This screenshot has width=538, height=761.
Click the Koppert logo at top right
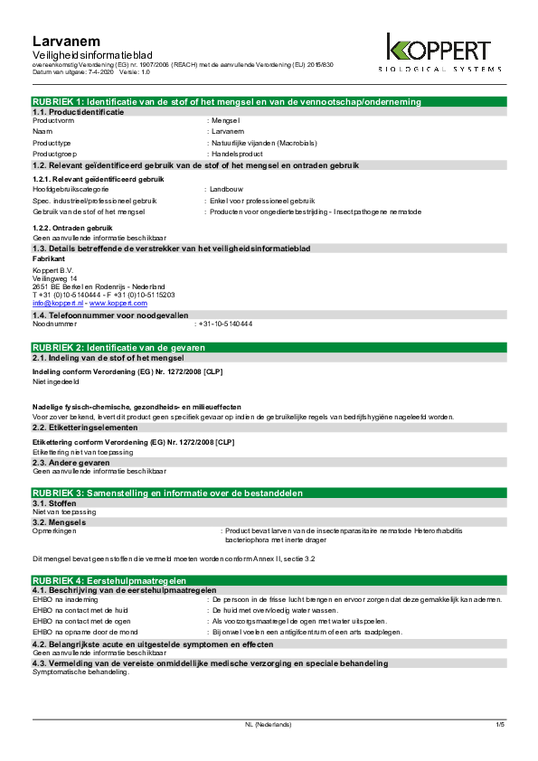click(439, 53)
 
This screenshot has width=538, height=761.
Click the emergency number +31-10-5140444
click(225, 324)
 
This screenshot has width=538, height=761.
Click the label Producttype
click(52, 143)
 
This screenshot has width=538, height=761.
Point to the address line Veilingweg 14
click(55, 278)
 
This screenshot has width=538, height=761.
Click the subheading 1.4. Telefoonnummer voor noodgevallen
click(110, 315)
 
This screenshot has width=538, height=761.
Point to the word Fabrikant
click(48, 259)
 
